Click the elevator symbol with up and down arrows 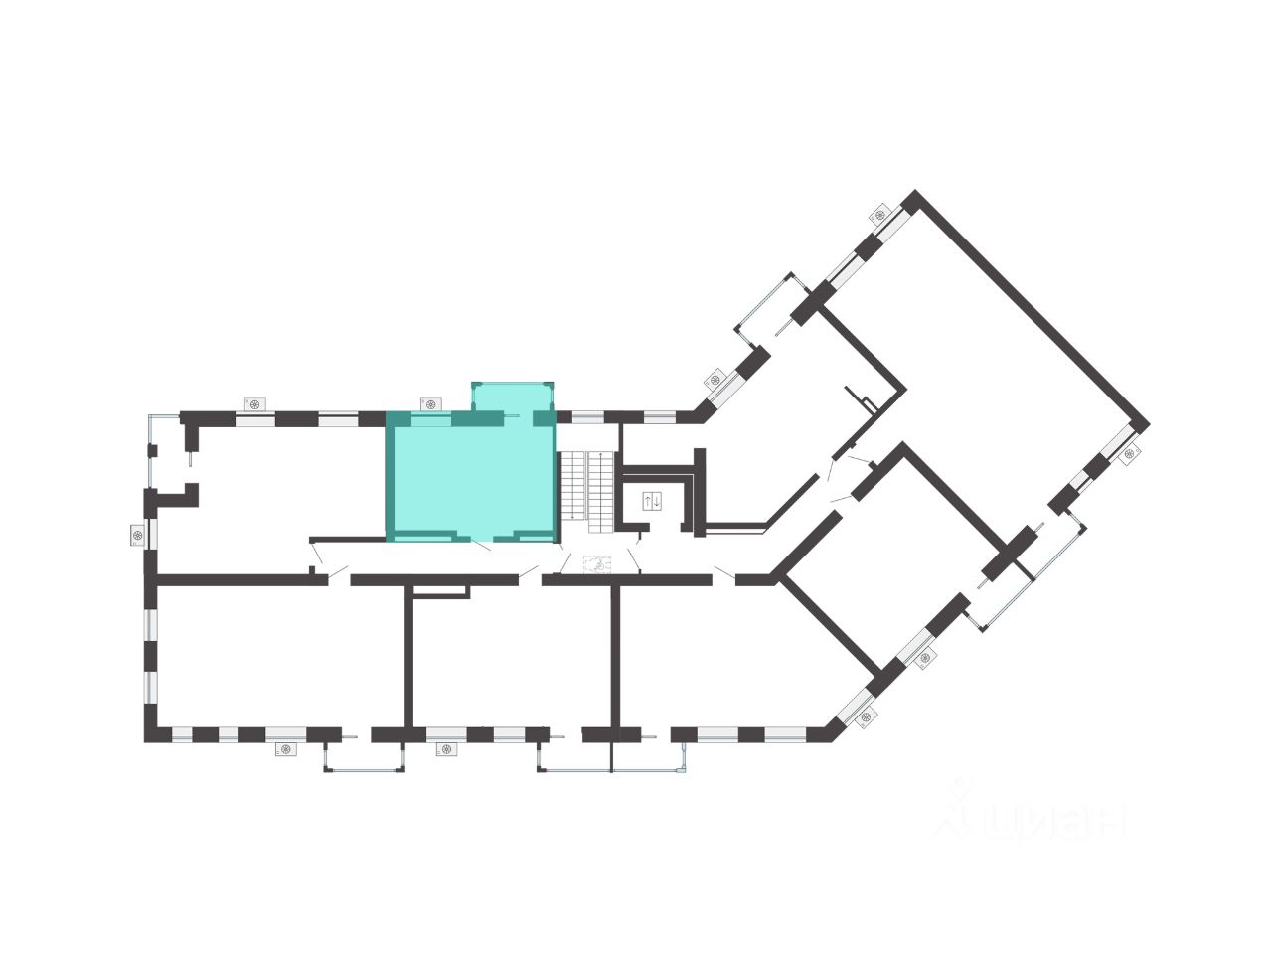click(x=652, y=500)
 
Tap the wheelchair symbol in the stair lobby click(x=598, y=564)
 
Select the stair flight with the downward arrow click(x=572, y=486)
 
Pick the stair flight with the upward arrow click(x=601, y=486)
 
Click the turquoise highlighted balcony click(x=511, y=397)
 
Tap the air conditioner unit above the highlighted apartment click(x=429, y=403)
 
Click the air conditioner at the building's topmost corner click(x=879, y=215)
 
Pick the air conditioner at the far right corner click(x=1130, y=454)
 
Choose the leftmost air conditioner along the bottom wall click(x=285, y=750)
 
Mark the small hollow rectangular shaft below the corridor click(x=438, y=592)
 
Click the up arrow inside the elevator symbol click(x=647, y=500)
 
